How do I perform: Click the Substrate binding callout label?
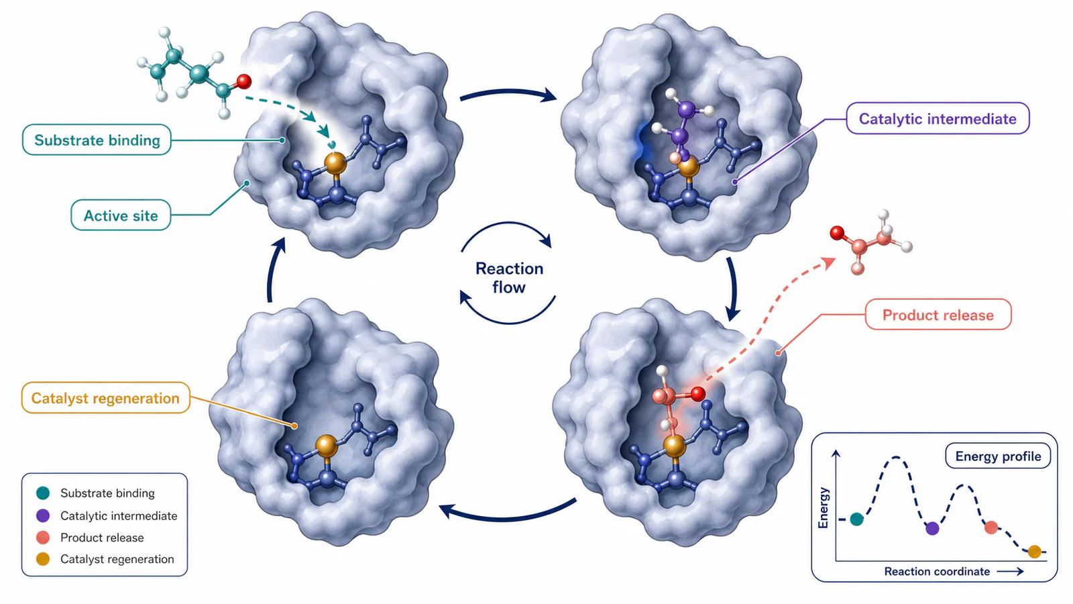97,140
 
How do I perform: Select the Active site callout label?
121,215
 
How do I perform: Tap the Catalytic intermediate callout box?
938,118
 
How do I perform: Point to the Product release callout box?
938,315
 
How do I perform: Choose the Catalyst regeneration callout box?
105,398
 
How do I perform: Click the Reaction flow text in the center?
509,278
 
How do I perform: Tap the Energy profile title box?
998,456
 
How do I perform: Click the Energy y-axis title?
824,507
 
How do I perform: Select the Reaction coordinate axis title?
936,571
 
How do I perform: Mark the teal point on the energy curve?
856,519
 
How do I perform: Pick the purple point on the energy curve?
932,529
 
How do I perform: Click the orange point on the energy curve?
1035,552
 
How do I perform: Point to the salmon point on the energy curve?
991,527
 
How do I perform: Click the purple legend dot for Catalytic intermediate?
43,515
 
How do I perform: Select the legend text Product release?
102,538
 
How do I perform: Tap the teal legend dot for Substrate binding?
43,493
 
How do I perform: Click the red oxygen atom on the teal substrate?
244,81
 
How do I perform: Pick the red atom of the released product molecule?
837,233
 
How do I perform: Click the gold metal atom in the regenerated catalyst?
327,446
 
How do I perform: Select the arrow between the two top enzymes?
508,92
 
